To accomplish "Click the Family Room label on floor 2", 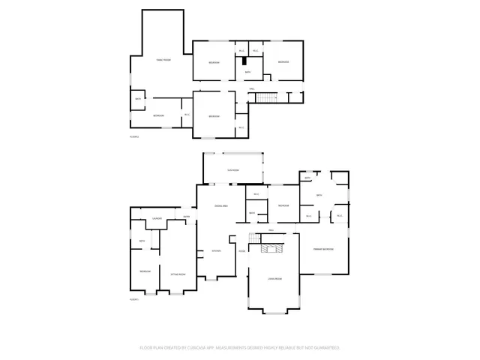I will click(x=163, y=59).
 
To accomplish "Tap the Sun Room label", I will click(x=233, y=170).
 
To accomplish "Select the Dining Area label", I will click(x=220, y=205).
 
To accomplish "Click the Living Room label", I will click(x=274, y=279).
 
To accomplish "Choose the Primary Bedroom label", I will click(x=323, y=249).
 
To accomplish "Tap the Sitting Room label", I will click(x=178, y=275).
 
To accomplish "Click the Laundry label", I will click(x=157, y=218).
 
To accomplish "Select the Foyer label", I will click(x=241, y=251).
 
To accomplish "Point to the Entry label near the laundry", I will click(x=187, y=217).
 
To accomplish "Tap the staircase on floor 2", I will click(x=267, y=97).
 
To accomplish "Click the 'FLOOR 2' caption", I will click(x=135, y=136).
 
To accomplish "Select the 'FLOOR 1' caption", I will click(x=135, y=299).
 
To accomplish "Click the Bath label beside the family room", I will click(x=138, y=99).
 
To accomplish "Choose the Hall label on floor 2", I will click(x=252, y=89).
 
